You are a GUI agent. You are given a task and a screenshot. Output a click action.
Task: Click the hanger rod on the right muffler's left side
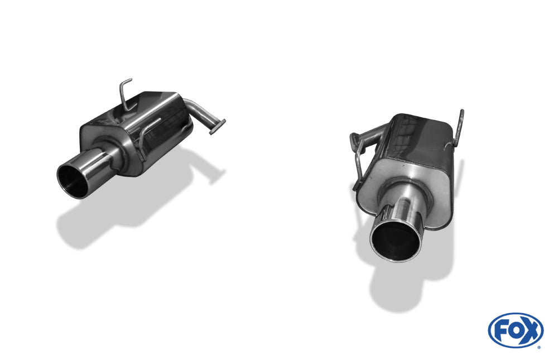[357, 162]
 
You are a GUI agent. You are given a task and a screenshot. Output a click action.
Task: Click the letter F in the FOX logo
[501, 330]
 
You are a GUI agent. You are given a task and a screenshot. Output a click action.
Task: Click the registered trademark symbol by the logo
[539, 347]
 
